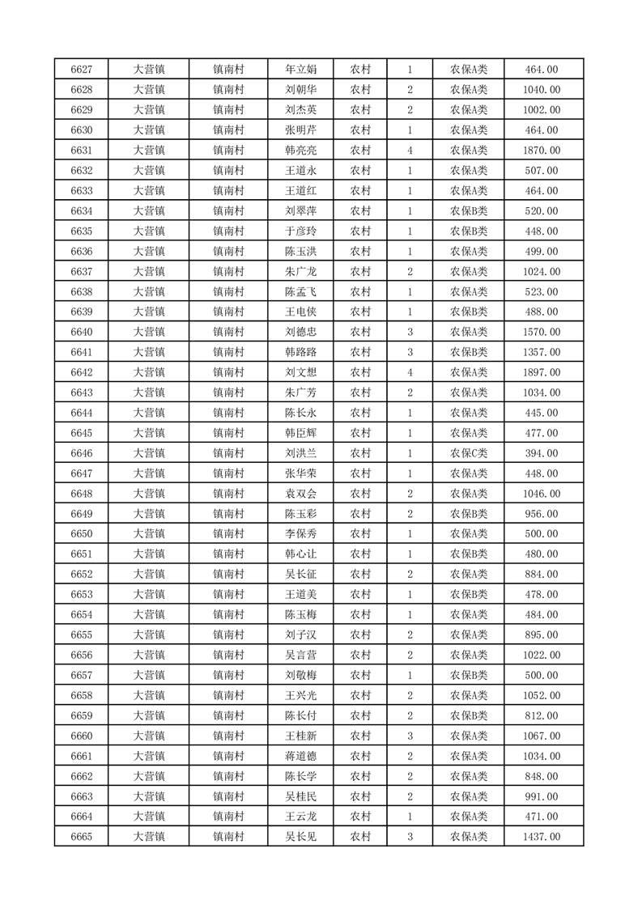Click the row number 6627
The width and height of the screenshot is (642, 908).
(x=81, y=70)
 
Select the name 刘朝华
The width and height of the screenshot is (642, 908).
(x=300, y=90)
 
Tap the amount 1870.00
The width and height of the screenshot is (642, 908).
(x=542, y=151)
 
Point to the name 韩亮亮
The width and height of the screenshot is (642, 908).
(x=300, y=151)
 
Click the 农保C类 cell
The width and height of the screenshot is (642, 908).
(x=469, y=453)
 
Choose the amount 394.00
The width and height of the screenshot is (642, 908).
(x=542, y=453)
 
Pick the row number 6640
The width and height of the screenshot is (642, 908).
(x=81, y=332)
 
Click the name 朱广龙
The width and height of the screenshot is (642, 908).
(x=300, y=272)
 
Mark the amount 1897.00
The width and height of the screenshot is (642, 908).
(x=542, y=372)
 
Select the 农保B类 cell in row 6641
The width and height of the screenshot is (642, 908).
(x=469, y=352)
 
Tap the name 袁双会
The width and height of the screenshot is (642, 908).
(x=300, y=494)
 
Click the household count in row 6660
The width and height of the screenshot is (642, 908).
(x=410, y=736)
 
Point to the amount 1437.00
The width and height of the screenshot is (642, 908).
(x=542, y=837)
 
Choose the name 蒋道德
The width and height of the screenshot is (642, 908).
(x=300, y=756)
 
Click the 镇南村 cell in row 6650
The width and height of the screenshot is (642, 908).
(x=228, y=534)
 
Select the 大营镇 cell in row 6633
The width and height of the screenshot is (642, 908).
(x=149, y=191)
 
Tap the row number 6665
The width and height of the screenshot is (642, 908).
(x=81, y=837)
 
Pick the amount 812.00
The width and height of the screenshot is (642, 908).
(x=542, y=715)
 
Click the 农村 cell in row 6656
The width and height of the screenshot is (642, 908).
(x=360, y=655)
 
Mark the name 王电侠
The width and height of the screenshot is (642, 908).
(x=300, y=312)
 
